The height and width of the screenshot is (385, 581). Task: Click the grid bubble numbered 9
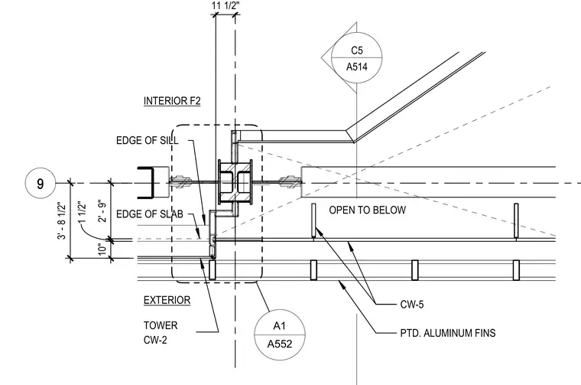point(40,183)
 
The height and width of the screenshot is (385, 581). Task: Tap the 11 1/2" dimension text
point(226,5)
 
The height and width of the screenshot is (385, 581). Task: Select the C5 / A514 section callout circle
point(356,58)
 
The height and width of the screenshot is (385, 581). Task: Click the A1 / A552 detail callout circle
point(280,335)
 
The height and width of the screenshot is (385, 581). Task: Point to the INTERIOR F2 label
point(172,101)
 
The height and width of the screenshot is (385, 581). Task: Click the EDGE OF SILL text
point(147,141)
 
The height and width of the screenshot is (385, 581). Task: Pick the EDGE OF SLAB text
point(150,214)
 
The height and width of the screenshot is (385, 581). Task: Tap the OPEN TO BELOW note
point(367,210)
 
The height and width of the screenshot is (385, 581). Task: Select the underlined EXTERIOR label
point(167,300)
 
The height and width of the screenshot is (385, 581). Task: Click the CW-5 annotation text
point(411,305)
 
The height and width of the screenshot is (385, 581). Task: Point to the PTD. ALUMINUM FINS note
point(448,333)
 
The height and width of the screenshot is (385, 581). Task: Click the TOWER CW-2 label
point(161,332)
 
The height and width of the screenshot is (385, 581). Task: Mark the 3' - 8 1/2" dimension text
point(61,220)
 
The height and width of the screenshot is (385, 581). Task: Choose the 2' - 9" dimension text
point(102,211)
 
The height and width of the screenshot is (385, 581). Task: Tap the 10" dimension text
point(102,249)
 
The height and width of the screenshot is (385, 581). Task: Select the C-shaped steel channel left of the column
point(145,183)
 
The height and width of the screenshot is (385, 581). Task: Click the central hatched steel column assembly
point(235,182)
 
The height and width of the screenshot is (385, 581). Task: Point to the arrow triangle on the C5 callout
point(326,58)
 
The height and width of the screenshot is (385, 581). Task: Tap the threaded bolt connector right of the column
point(290,182)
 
